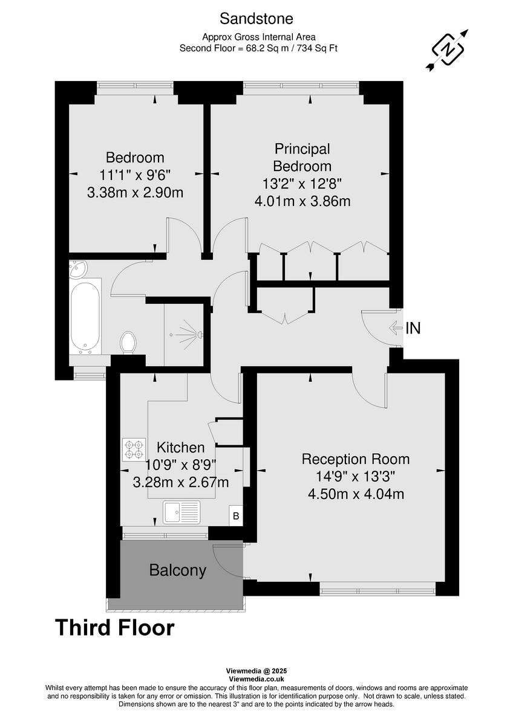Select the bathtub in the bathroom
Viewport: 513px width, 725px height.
pyautogui.click(x=84, y=317)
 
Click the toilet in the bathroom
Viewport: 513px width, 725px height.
pyautogui.click(x=128, y=343)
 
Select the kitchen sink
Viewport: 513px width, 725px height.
pyautogui.click(x=181, y=512)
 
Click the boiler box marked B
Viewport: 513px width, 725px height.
pyautogui.click(x=237, y=516)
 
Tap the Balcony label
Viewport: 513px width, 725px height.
pyautogui.click(x=178, y=570)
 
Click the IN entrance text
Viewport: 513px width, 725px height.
pyautogui.click(x=413, y=329)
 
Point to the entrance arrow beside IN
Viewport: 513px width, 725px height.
pyautogui.click(x=394, y=329)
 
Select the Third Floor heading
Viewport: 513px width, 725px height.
pyautogui.click(x=115, y=628)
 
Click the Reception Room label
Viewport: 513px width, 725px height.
pyautogui.click(x=356, y=459)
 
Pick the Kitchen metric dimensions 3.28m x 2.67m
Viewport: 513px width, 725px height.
pyautogui.click(x=180, y=482)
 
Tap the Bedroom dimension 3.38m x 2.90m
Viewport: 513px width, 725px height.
pyautogui.click(x=135, y=193)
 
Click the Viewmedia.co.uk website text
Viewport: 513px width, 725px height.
pyautogui.click(x=256, y=679)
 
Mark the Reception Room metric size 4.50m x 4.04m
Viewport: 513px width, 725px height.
pyautogui.click(x=356, y=494)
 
